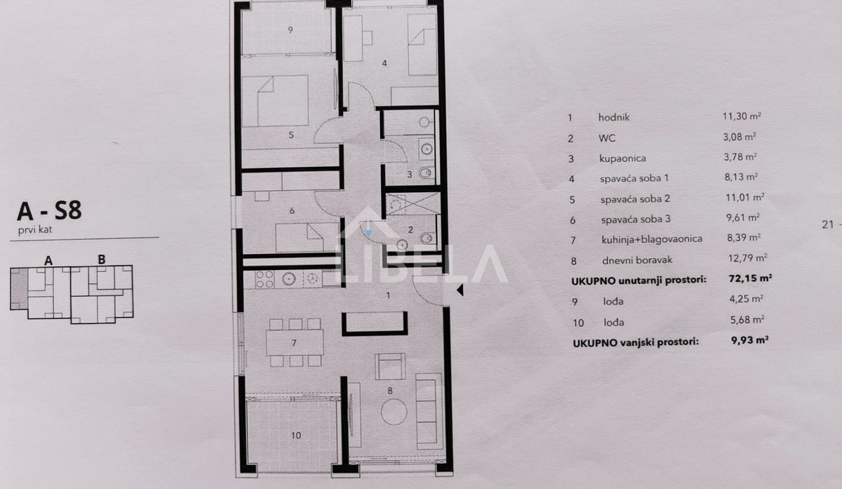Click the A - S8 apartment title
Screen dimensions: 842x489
(50, 211)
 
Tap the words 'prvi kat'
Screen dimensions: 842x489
(35, 230)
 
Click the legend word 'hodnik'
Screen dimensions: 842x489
(614, 117)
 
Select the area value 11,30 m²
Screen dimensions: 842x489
(742, 116)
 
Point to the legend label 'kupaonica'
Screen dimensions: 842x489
(623, 158)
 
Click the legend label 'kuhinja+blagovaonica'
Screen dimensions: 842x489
(652, 239)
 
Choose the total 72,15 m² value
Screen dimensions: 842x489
(750, 278)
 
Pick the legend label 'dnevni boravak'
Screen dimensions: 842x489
(637, 259)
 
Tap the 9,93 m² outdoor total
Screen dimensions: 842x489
(750, 340)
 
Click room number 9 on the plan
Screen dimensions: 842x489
(290, 30)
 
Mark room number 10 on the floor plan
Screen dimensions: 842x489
(296, 435)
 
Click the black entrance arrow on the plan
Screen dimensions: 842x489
(460, 290)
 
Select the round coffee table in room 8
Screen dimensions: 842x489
(394, 412)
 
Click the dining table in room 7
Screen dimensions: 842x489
(295, 342)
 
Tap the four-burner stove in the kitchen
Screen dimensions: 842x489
(265, 279)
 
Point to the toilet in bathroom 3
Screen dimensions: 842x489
(426, 173)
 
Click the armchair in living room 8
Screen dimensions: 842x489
(390, 366)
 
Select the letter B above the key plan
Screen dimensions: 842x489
(101, 259)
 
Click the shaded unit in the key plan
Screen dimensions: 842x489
(19, 289)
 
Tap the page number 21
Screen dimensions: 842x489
(828, 224)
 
